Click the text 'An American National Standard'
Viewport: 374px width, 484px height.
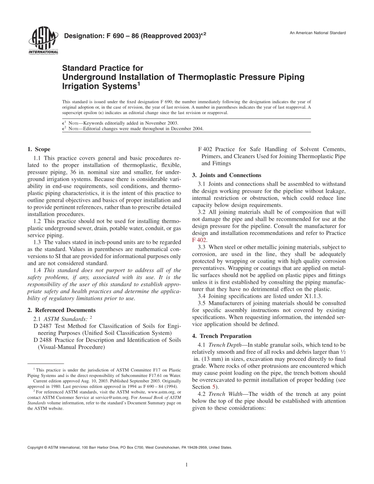(x=318, y=33)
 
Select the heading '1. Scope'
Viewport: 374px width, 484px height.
(x=39, y=149)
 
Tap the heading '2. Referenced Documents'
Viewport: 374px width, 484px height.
(x=61, y=310)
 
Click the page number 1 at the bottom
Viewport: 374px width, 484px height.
(x=187, y=465)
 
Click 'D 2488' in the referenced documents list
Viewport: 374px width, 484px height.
(x=42, y=340)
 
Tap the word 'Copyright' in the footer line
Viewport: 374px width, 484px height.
(x=35, y=447)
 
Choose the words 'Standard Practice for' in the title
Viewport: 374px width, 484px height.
(x=103, y=68)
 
